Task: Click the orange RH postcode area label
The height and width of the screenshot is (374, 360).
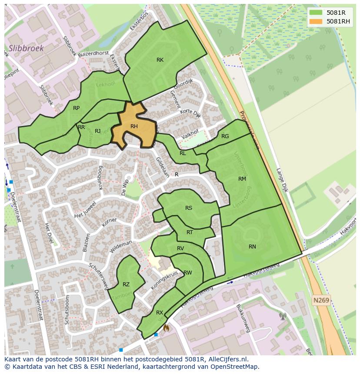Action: pos(134,126)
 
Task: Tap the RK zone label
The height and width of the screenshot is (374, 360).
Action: pos(160,60)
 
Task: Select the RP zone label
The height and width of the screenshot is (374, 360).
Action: pos(76,108)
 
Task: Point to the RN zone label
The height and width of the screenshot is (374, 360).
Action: pos(252,247)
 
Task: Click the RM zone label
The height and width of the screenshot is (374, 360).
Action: pos(242,179)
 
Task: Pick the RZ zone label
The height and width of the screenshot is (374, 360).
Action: pos(126,285)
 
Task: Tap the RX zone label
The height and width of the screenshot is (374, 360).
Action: pos(160,313)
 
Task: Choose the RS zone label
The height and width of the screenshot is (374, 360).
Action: pos(189,208)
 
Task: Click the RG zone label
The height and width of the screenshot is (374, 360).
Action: pos(225,136)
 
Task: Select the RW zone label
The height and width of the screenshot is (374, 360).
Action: pos(188,273)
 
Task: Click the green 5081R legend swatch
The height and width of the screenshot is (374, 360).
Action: pos(316,13)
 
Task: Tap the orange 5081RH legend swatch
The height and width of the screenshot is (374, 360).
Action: pos(316,21)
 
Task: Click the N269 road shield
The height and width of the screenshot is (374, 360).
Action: pos(321,300)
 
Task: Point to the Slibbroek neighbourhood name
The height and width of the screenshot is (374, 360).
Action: pos(26,48)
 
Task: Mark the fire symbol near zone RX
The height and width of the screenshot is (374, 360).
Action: pos(166,328)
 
